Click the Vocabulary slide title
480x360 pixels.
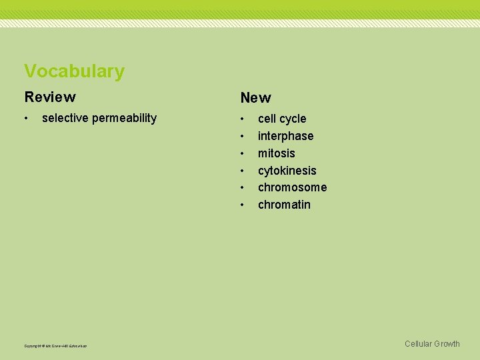(x=74, y=71)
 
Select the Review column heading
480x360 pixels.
(x=50, y=97)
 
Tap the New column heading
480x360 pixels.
(x=256, y=98)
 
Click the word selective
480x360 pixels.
(x=65, y=118)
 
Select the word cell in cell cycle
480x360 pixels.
(x=267, y=119)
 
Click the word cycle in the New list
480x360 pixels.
(x=293, y=119)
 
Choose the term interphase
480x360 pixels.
(x=285, y=136)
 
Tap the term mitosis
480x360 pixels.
(x=276, y=153)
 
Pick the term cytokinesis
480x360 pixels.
(x=287, y=171)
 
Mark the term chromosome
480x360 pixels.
(x=292, y=187)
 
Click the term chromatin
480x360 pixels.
(x=284, y=205)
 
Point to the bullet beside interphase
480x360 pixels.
(x=243, y=136)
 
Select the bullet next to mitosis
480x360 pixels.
(x=243, y=153)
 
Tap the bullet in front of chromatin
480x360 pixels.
(x=243, y=205)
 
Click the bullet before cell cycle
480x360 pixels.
(x=243, y=119)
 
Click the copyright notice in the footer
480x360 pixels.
(x=55, y=346)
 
